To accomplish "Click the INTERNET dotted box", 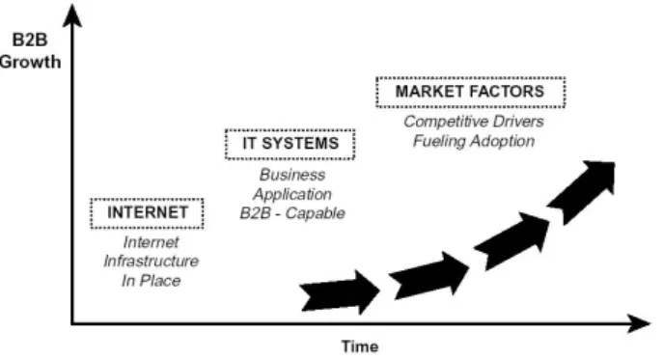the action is [x=147, y=199].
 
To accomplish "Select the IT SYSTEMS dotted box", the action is [x=290, y=130].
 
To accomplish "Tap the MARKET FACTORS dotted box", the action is [x=471, y=79].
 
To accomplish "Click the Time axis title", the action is [x=360, y=346].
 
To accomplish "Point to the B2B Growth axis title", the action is [x=31, y=51].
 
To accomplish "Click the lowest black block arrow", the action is [x=340, y=292].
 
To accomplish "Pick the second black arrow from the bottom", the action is [x=428, y=276].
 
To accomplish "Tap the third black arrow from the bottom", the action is [x=512, y=240].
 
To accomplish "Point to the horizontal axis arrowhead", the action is [x=639, y=323].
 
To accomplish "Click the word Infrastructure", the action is [x=151, y=261].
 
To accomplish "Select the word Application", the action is [x=292, y=194].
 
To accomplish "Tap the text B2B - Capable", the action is [x=292, y=213].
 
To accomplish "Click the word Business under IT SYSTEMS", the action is [x=292, y=175].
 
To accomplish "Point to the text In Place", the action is [x=151, y=281].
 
